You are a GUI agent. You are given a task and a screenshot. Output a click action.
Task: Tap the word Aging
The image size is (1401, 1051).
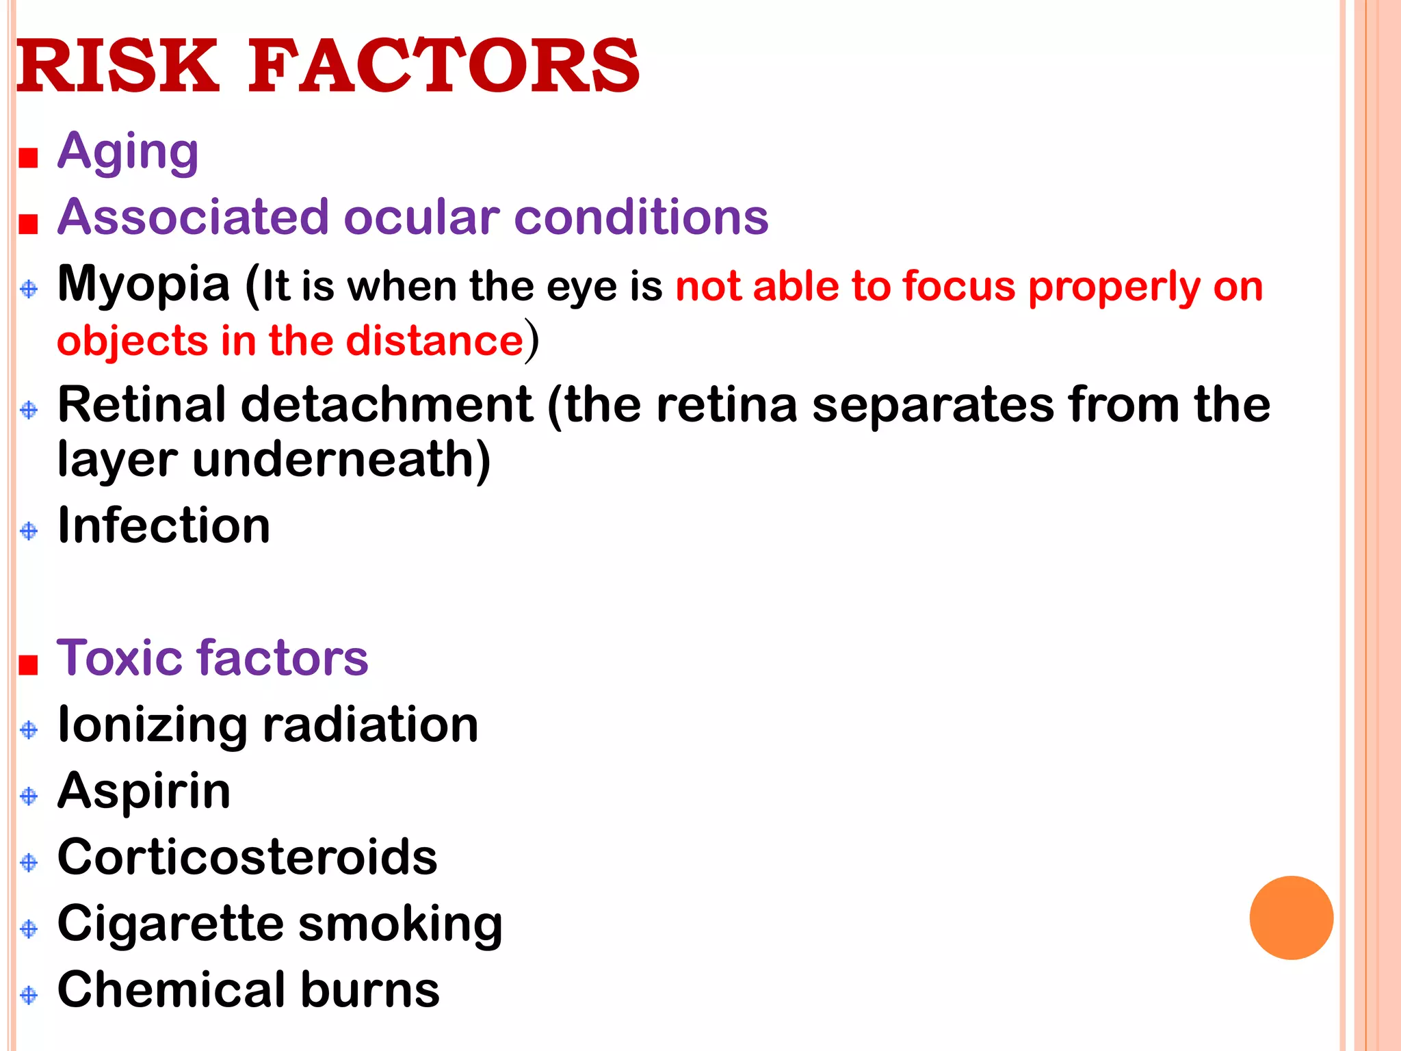point(128,152)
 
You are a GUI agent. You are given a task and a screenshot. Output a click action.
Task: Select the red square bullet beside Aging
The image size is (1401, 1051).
point(28,159)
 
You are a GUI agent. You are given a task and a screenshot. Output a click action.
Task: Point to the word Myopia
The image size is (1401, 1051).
point(144,285)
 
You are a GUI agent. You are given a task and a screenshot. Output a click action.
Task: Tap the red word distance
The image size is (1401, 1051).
point(435,341)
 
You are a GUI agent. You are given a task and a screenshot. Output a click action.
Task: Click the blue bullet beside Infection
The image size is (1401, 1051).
point(29,531)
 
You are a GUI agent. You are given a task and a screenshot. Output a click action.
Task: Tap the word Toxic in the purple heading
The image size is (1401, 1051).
point(120,658)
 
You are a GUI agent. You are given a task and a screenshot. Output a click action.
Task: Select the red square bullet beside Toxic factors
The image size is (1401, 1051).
point(28,664)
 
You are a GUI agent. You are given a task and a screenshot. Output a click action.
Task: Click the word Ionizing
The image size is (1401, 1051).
point(153,725)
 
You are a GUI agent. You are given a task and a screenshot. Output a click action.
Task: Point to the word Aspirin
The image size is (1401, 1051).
point(144,791)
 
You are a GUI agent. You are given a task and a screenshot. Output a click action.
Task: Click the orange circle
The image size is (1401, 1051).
point(1291,918)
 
